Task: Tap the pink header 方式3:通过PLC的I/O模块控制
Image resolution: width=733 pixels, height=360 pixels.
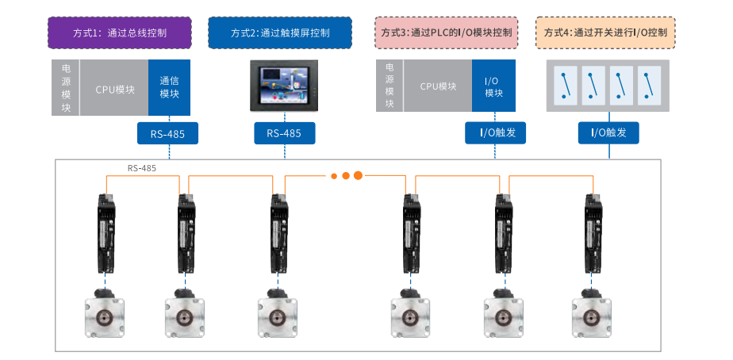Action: click(x=446, y=33)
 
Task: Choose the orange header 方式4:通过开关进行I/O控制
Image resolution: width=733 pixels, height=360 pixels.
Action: click(x=605, y=33)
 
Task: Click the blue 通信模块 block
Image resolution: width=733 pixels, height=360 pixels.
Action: click(x=169, y=87)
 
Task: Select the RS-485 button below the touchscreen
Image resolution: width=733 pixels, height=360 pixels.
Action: click(x=284, y=133)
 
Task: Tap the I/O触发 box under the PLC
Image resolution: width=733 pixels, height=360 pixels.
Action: click(x=496, y=132)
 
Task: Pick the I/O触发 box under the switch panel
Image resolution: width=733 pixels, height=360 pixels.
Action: click(x=608, y=132)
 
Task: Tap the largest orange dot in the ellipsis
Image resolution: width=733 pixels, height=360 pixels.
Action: click(x=358, y=175)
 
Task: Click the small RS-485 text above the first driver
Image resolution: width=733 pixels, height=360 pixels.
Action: click(x=142, y=169)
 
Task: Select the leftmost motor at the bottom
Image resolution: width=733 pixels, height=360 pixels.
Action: click(x=104, y=317)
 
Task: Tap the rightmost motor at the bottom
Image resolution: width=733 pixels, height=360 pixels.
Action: click(x=593, y=317)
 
